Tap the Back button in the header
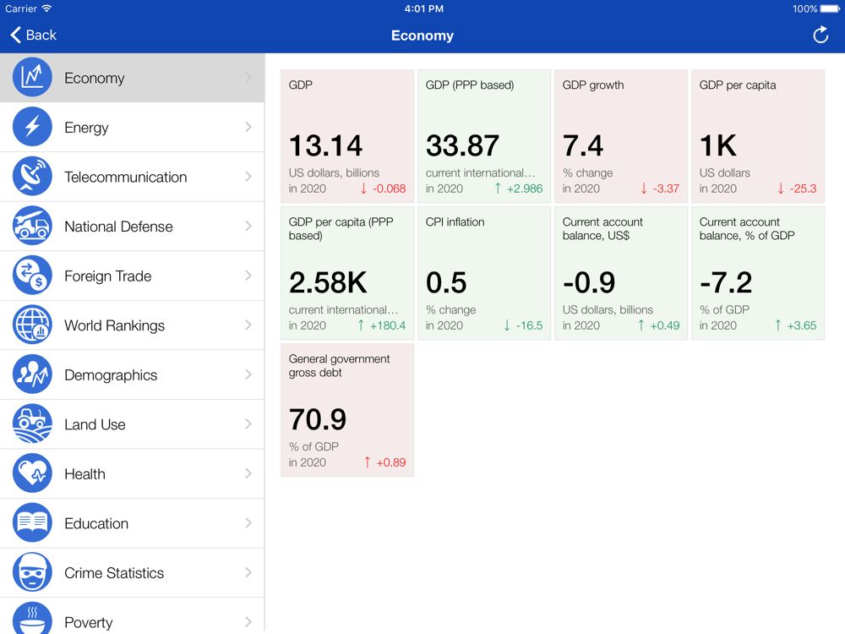[x=34, y=35]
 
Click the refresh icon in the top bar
[x=820, y=35]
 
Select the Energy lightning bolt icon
[x=32, y=128]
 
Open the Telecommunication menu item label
[x=125, y=177]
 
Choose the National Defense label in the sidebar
[x=118, y=227]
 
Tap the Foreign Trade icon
[x=32, y=276]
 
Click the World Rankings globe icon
[x=32, y=325]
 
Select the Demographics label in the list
[x=111, y=375]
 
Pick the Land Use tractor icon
[x=32, y=424]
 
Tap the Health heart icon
[x=32, y=474]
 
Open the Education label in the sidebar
[x=96, y=523]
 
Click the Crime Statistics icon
[x=32, y=573]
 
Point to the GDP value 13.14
[x=325, y=146]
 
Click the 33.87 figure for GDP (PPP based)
[x=462, y=146]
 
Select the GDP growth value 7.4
[x=583, y=146]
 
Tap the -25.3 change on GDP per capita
[x=802, y=189]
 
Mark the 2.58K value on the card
[x=327, y=283]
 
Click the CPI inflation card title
[x=455, y=222]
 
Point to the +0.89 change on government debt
[x=390, y=462]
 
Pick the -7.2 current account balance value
[x=726, y=283]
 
